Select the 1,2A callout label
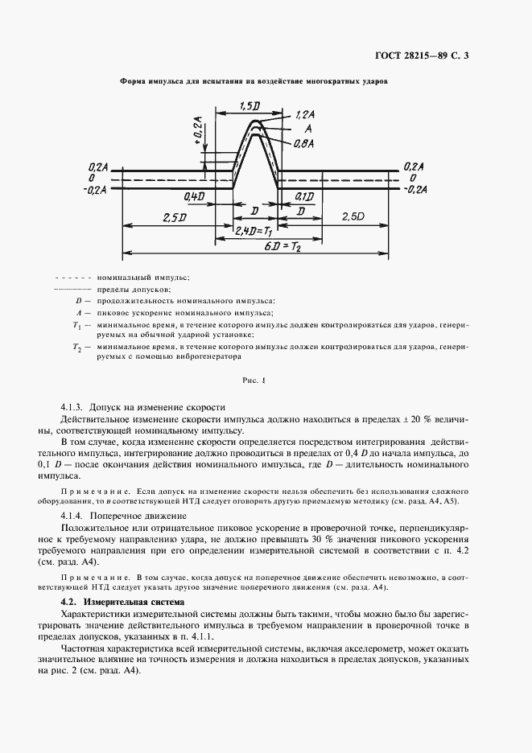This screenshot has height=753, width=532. click(306, 116)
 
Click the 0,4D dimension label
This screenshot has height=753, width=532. click(194, 196)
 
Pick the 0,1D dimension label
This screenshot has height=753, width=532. click(304, 196)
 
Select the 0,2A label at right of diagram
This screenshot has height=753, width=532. click(414, 165)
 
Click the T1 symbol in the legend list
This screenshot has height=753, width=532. click(76, 325)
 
